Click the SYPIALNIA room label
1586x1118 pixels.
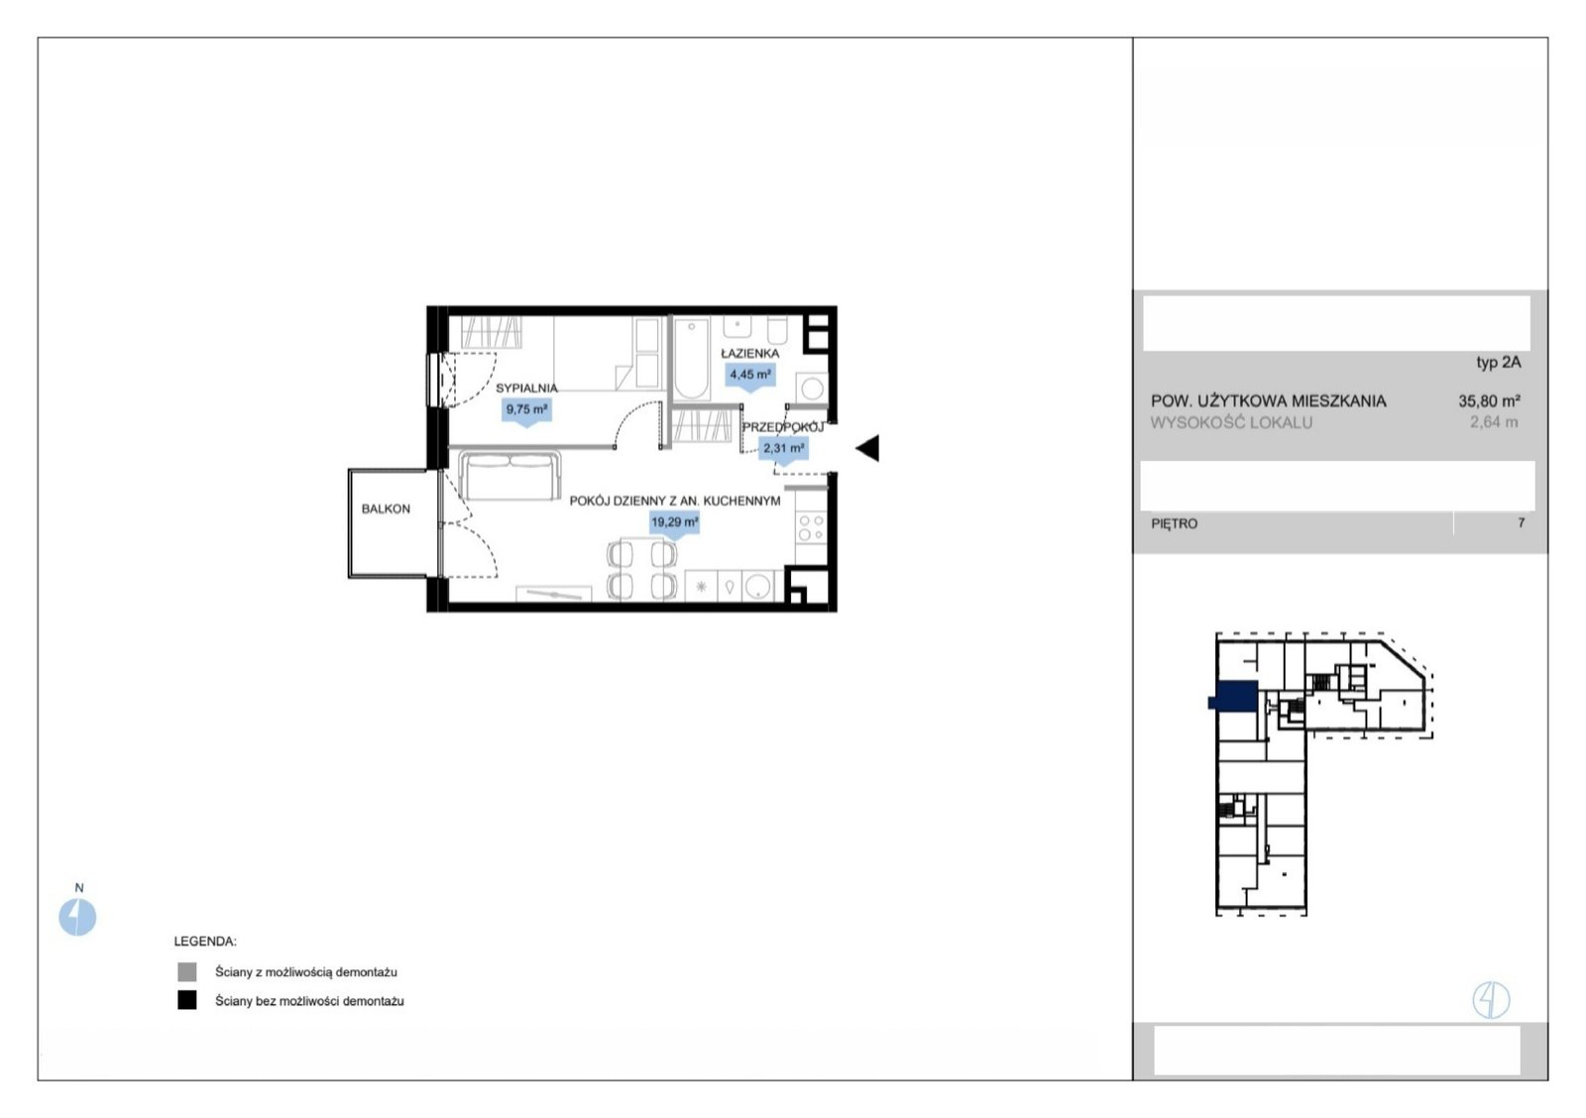[526, 388]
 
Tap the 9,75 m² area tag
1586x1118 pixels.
[526, 410]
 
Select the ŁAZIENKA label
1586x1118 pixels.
[749, 353]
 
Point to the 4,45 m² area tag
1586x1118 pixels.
[749, 376]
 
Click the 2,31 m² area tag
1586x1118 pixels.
[783, 449]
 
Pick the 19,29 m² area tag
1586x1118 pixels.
[674, 523]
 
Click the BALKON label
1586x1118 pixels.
[386, 509]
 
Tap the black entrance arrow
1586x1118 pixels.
[867, 448]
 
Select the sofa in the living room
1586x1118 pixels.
[510, 476]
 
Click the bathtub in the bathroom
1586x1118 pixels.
[690, 360]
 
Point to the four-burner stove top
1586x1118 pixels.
[811, 528]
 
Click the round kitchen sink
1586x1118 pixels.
[757, 587]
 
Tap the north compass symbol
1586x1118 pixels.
[77, 917]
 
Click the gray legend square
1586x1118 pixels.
[187, 971]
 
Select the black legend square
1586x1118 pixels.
[187, 1000]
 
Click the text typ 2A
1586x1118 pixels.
[1498, 363]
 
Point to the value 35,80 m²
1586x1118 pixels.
[1489, 400]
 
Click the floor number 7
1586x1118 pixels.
[1521, 522]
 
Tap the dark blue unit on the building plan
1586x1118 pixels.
[1236, 696]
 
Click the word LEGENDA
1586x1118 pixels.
[205, 941]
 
